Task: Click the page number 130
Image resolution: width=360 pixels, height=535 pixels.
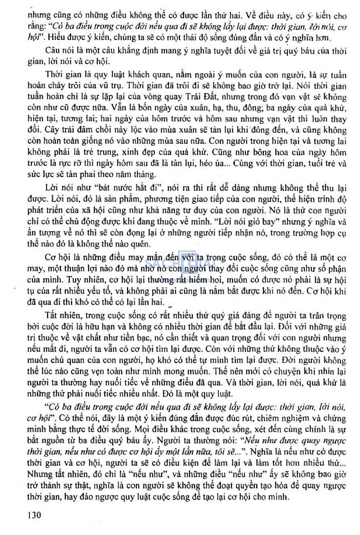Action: pyautogui.click(x=34, y=515)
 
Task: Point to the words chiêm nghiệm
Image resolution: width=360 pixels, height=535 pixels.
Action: pyautogui.click(x=288, y=418)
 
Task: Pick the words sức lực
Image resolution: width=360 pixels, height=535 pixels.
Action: pyautogui.click(x=41, y=175)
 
